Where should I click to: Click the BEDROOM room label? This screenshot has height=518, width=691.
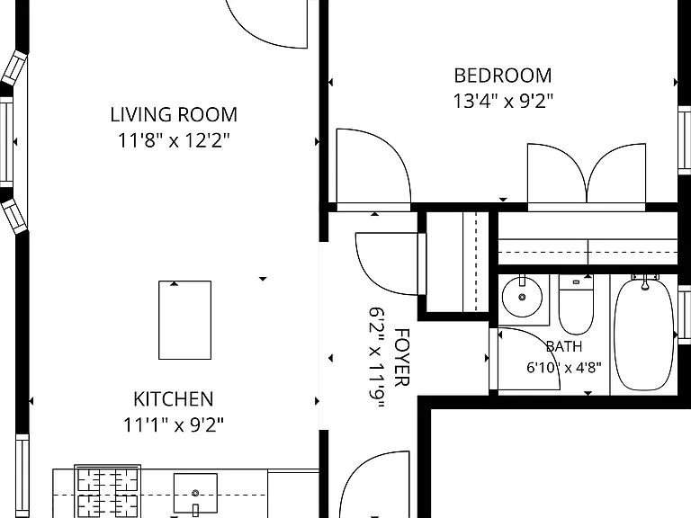pyautogui.click(x=503, y=76)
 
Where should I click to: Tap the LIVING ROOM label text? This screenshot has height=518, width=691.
pyautogui.click(x=174, y=115)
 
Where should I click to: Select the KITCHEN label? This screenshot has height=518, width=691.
pyautogui.click(x=174, y=399)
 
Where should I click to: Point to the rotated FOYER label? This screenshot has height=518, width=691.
pyautogui.click(x=401, y=357)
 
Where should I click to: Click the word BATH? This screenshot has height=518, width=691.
pyautogui.click(x=564, y=346)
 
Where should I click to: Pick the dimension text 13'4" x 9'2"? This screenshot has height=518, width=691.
pyautogui.click(x=503, y=102)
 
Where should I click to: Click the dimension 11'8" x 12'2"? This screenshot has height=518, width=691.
pyautogui.click(x=174, y=141)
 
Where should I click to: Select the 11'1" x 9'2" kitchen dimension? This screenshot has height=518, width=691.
pyautogui.click(x=174, y=425)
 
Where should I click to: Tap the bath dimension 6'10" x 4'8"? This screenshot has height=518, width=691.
pyautogui.click(x=564, y=367)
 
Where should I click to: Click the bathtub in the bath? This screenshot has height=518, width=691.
pyautogui.click(x=644, y=335)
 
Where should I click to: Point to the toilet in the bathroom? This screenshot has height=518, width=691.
pyautogui.click(x=576, y=305)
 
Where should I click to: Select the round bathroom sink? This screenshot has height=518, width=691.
pyautogui.click(x=522, y=297)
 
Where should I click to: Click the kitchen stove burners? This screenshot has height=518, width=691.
pyautogui.click(x=108, y=491)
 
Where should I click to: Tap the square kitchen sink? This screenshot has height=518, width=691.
pyautogui.click(x=195, y=494)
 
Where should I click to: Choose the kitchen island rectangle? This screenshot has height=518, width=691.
pyautogui.click(x=184, y=320)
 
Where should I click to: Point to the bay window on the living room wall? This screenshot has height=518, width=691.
pyautogui.click(x=13, y=142)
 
